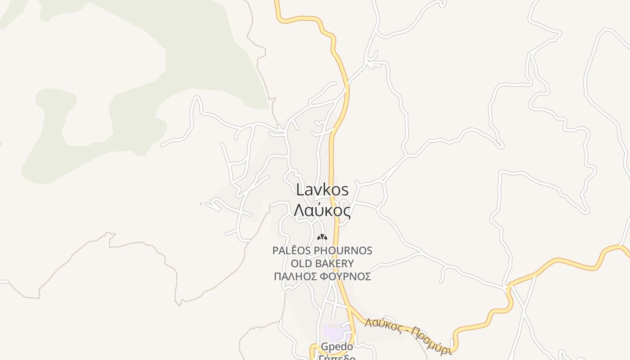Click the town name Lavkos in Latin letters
322,189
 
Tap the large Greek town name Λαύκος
322,210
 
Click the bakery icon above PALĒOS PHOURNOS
322,237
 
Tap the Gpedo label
337,347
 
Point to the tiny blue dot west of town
201,204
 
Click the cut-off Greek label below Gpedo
337,358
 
